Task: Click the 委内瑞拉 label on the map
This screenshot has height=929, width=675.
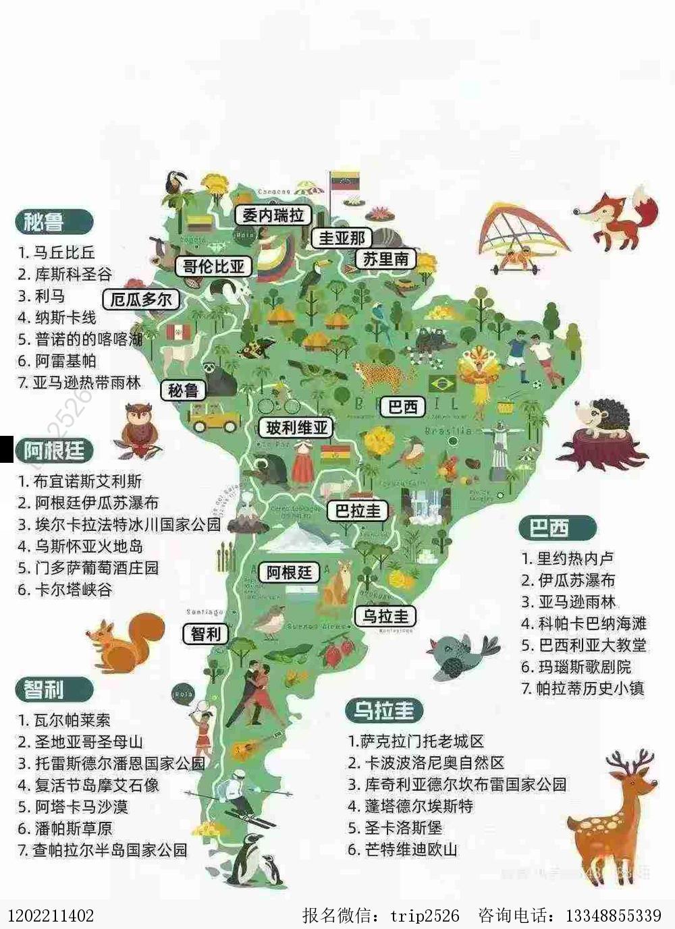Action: click(273, 215)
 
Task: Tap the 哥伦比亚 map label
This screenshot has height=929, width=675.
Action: click(213, 266)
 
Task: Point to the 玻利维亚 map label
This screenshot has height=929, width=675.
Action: click(296, 428)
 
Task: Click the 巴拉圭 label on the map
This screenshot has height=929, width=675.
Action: click(358, 511)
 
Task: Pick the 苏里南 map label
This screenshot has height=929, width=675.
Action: click(385, 259)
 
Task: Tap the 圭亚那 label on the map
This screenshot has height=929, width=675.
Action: click(342, 238)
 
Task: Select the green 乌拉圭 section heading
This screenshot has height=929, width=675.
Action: click(384, 710)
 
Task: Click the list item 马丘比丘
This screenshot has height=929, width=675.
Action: click(64, 253)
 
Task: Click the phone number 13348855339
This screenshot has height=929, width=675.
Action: click(613, 916)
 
